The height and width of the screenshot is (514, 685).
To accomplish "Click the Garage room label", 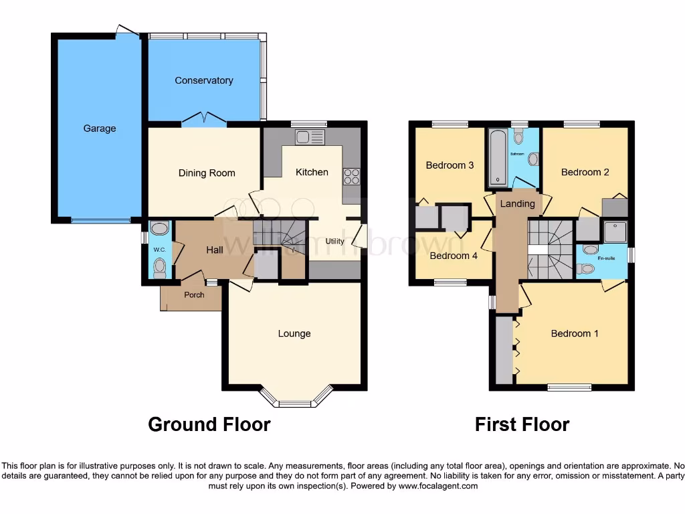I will (99, 128).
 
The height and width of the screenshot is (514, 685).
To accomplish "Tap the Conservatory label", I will (203, 80).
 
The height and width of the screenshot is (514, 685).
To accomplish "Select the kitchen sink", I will (310, 138).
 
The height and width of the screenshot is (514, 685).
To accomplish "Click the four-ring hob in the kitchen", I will (352, 176).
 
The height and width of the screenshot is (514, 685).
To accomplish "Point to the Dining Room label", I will (207, 173).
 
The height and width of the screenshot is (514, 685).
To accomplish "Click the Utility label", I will (334, 242).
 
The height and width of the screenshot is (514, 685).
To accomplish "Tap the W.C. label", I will (159, 250).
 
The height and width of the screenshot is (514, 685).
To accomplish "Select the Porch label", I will (194, 295).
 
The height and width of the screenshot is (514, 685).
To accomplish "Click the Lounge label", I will (294, 333).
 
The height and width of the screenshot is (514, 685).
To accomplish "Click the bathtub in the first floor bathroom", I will (497, 157).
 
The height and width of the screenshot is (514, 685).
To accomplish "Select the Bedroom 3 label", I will (450, 165).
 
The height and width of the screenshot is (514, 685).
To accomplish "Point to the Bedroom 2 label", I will (585, 172).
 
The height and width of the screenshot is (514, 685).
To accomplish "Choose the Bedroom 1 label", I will (574, 333).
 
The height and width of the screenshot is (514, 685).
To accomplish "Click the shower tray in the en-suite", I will (615, 232).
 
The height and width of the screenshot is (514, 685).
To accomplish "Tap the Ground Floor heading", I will (209, 424).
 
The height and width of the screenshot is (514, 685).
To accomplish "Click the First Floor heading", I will (522, 424).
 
